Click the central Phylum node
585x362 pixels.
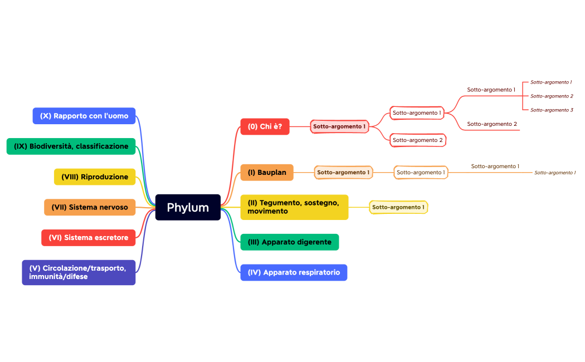click(188, 208)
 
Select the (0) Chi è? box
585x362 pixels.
click(265, 126)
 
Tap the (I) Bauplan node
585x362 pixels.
click(267, 173)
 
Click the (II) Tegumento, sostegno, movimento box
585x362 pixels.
click(294, 207)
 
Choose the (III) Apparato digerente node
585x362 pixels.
click(289, 242)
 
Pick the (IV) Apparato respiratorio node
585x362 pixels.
click(294, 272)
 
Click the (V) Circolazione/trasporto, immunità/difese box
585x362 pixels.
click(79, 272)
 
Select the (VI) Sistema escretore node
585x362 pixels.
click(89, 237)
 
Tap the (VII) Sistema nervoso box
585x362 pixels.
click(90, 207)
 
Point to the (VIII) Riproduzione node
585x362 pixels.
click(95, 177)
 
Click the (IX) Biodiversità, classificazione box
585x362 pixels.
click(71, 146)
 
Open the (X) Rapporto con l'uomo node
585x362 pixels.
click(84, 116)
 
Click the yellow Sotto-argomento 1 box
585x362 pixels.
click(398, 207)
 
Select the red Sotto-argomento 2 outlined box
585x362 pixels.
click(418, 140)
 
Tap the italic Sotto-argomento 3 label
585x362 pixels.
click(552, 110)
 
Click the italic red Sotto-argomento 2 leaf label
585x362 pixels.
click(552, 96)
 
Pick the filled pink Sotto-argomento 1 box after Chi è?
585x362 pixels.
click(339, 126)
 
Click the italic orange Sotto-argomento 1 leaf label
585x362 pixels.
click(555, 173)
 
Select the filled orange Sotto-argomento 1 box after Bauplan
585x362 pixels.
click(343, 173)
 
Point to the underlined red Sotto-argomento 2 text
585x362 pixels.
click(492, 124)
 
